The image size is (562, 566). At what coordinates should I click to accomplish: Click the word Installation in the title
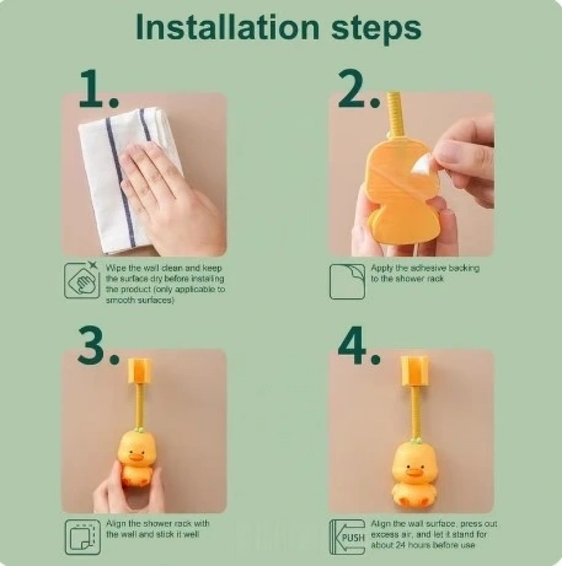click(228, 28)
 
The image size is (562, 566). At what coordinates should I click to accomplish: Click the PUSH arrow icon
click(347, 537)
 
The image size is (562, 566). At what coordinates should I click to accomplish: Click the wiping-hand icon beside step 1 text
click(82, 280)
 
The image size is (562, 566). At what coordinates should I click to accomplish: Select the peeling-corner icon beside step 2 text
click(347, 281)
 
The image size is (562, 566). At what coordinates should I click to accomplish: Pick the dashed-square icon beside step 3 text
click(83, 537)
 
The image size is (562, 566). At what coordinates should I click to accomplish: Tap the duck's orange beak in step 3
click(137, 457)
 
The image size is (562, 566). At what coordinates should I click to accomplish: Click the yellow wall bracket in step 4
click(414, 371)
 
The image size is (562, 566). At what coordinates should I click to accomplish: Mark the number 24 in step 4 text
click(401, 545)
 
